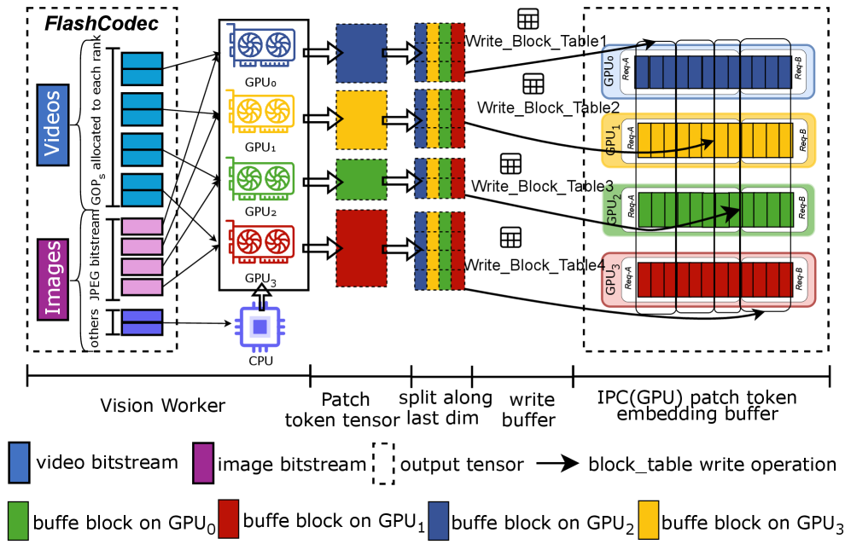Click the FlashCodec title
102,23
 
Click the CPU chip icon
261,326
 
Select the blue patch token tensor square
357,52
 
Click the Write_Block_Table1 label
536,41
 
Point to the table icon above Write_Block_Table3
510,164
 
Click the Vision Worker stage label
163,404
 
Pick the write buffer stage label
532,409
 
